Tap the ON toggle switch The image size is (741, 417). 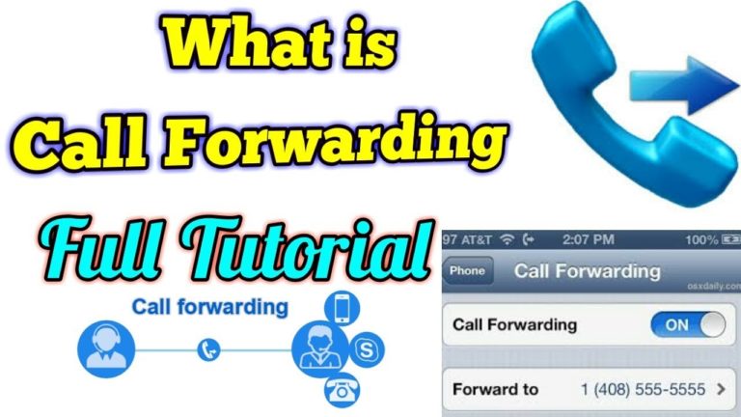[687, 325]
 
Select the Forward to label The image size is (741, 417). [495, 391]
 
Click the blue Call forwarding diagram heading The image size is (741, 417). [209, 307]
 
